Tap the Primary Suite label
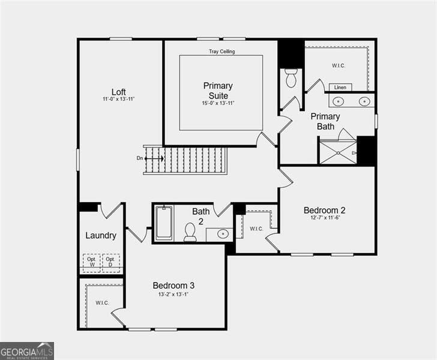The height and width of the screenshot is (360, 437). point(218,91)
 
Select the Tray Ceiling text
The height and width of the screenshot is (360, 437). point(222,52)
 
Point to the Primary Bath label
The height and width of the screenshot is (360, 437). point(325,121)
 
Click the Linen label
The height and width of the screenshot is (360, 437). point(340,88)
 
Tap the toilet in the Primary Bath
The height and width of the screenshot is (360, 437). point(291,78)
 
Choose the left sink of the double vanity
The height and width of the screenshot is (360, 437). point(338,101)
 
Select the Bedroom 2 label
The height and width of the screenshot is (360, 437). point(324,210)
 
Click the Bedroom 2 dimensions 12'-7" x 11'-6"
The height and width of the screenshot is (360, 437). point(325,218)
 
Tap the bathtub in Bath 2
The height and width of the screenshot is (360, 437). point(163,223)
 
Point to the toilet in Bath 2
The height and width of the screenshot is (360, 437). point(190,232)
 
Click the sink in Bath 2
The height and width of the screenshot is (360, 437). point(222,233)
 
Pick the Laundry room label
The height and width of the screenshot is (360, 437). point(101,235)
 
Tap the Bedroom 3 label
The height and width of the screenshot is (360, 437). point(173,286)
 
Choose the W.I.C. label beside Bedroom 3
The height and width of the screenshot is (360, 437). point(102,302)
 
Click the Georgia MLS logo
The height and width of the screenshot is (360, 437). point(27,350)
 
